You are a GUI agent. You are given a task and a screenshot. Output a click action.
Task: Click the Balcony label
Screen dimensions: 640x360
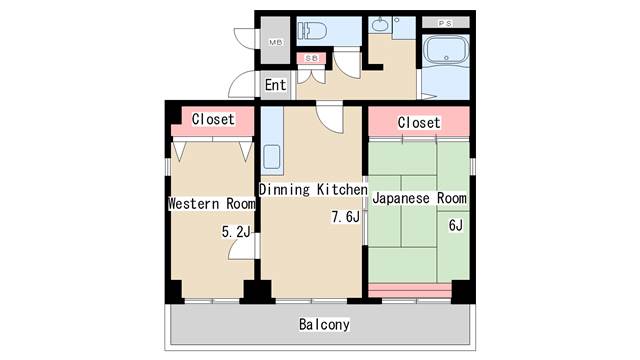click(x=324, y=324)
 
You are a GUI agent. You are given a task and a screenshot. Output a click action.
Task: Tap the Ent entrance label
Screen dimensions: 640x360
click(x=276, y=85)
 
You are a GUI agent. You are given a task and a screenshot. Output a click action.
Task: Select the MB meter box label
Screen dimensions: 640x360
click(x=276, y=42)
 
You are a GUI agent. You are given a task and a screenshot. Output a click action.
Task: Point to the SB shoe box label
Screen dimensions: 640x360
click(x=311, y=58)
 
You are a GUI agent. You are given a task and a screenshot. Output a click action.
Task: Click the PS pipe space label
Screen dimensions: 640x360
click(x=445, y=23)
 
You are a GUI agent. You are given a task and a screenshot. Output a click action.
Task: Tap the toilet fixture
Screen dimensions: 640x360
click(x=312, y=31)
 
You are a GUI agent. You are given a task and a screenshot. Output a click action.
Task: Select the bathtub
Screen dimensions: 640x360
click(x=446, y=50)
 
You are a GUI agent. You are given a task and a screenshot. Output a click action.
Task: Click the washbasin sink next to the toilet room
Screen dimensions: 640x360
click(x=380, y=25)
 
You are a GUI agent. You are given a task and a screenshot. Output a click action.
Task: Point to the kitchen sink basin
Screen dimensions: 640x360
click(x=271, y=157)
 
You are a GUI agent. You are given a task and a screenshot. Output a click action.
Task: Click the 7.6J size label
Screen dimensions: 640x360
click(x=345, y=217)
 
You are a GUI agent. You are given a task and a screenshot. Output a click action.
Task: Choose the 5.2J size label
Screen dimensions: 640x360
click(x=236, y=232)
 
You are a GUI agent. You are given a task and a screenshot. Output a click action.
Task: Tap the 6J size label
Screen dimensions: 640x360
click(x=456, y=225)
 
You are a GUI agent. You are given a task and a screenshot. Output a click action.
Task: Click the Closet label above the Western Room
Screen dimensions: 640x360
click(x=213, y=119)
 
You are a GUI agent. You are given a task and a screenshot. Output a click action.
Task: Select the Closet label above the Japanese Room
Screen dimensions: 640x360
click(x=419, y=122)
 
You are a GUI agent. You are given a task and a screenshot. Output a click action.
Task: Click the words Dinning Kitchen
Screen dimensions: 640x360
click(x=313, y=189)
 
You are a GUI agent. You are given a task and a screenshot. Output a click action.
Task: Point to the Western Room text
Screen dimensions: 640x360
click(x=212, y=203)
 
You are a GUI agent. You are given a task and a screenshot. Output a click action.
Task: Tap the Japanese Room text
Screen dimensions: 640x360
click(x=420, y=198)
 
